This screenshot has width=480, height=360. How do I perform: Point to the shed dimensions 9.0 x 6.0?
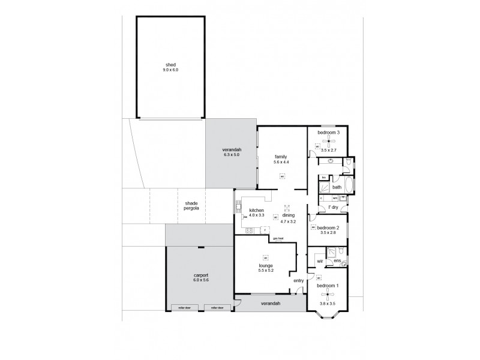[171, 70]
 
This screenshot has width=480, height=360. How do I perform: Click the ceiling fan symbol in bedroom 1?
[328, 294]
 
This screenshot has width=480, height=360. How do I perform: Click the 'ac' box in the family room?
[281, 176]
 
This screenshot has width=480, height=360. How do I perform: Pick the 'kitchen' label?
[257, 210]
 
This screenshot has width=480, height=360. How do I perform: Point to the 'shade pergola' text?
[192, 206]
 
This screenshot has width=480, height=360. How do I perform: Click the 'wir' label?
[320, 261]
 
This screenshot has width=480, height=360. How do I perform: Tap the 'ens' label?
[337, 261]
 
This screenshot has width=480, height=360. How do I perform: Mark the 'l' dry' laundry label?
[333, 208]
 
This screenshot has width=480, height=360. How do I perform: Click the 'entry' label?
[299, 280]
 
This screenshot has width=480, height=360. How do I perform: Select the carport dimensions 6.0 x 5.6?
[201, 281]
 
